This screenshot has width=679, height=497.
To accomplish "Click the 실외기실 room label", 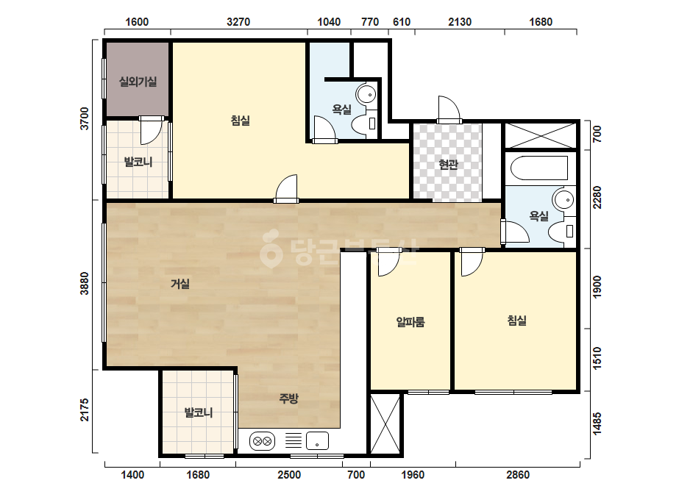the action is [x=138, y=82].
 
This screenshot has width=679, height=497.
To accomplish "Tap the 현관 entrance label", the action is [x=448, y=165].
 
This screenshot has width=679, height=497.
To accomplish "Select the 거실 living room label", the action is [x=180, y=284].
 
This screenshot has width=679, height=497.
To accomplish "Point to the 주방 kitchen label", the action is [x=288, y=398].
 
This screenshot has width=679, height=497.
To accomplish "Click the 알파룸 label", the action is [x=410, y=322].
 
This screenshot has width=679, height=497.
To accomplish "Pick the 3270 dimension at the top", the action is [x=238, y=21].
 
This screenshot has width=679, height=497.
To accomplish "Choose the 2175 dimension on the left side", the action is [x=85, y=410].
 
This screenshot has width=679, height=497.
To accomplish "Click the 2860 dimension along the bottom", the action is [x=518, y=475].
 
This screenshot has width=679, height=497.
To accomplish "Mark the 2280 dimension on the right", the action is [x=597, y=198].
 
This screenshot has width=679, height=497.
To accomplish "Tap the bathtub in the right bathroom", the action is [x=539, y=168].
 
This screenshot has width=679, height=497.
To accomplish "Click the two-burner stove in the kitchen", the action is [x=262, y=442].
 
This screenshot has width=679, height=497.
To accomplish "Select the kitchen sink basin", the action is [x=317, y=441].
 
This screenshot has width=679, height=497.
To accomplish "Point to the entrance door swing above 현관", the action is [x=449, y=110].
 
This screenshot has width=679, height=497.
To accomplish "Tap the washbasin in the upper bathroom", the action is [x=366, y=93].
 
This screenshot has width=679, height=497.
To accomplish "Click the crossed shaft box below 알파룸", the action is [x=385, y=423].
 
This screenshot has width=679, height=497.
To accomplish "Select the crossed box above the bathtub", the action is [x=541, y=136].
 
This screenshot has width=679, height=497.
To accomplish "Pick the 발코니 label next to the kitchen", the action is [x=199, y=412].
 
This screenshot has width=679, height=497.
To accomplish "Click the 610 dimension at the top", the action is [x=402, y=21].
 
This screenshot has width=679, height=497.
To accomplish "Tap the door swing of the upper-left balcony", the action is [x=151, y=132].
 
